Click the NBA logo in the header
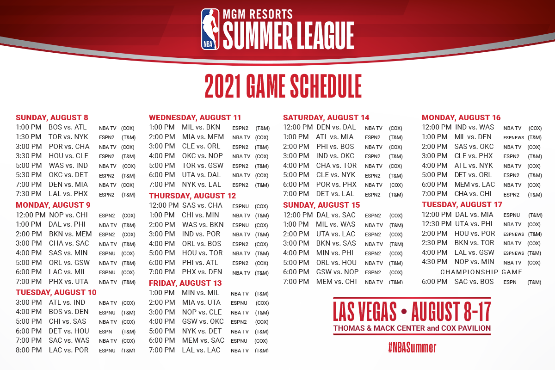[x=210, y=29]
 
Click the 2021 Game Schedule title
[x=283, y=86]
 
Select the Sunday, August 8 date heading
[x=52, y=117]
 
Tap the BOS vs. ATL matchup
[x=68, y=127]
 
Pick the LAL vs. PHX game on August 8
[x=68, y=194]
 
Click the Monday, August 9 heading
[x=53, y=205]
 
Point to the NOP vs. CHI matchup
[x=68, y=215]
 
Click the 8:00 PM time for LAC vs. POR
[x=29, y=350]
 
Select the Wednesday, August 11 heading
[x=195, y=117]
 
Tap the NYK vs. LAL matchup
[x=202, y=185]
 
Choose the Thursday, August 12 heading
[x=192, y=196]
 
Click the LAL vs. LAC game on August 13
[x=201, y=350]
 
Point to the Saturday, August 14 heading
[x=326, y=117]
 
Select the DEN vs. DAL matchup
[x=336, y=127]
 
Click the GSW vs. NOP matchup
[x=337, y=272]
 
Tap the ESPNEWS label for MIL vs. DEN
[x=514, y=137]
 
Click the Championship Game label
[x=481, y=272]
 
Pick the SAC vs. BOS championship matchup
[x=474, y=282]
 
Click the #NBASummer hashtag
[x=412, y=347]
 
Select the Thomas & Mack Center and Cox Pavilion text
[x=412, y=328]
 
